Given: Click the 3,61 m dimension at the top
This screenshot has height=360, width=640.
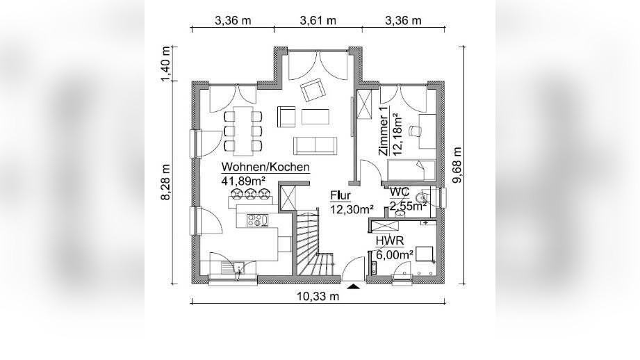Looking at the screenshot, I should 318,20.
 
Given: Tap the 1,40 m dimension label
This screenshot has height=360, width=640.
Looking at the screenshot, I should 165,64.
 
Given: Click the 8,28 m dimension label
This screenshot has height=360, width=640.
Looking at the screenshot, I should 165,183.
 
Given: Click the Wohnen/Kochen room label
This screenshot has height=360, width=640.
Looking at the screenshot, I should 265,167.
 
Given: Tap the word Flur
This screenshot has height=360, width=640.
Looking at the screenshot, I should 340,195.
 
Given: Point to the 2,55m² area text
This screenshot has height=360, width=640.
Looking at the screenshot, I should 407,206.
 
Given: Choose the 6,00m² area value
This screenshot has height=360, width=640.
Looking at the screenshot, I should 395,254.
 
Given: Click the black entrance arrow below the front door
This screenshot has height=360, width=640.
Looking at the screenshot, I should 353,285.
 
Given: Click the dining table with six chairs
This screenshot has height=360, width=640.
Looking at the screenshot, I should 243,130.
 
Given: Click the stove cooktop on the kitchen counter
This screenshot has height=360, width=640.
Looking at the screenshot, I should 258,221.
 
